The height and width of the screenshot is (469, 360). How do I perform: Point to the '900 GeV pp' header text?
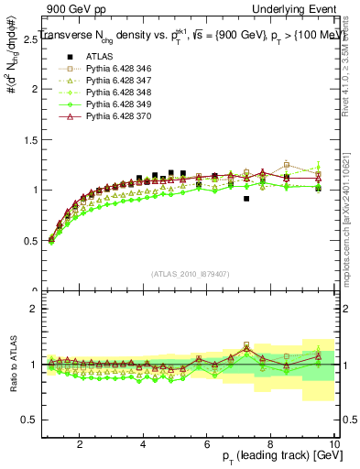[x=71, y=7]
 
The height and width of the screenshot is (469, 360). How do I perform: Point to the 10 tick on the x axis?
[x=334, y=443]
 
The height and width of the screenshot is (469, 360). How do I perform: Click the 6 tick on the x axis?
[x=207, y=443]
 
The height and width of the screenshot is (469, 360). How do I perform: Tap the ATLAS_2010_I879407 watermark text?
[x=189, y=274]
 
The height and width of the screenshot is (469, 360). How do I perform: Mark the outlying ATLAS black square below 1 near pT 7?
[x=246, y=198]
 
